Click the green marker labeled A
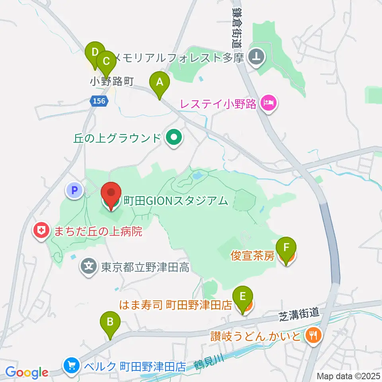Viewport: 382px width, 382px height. (x=160, y=83)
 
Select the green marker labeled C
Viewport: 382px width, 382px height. (x=106, y=62)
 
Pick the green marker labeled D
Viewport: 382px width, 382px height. (x=95, y=53)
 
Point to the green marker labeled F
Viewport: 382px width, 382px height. (x=286, y=248)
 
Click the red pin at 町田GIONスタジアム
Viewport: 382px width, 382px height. (x=111, y=193)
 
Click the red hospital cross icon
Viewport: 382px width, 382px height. (x=41, y=230)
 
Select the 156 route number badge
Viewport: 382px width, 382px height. (x=98, y=101)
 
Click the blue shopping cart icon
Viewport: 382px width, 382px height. (x=72, y=365)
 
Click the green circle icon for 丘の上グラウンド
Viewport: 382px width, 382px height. (x=173, y=138)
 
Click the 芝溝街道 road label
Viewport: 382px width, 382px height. (x=298, y=314)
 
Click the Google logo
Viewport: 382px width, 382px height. (x=27, y=373)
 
